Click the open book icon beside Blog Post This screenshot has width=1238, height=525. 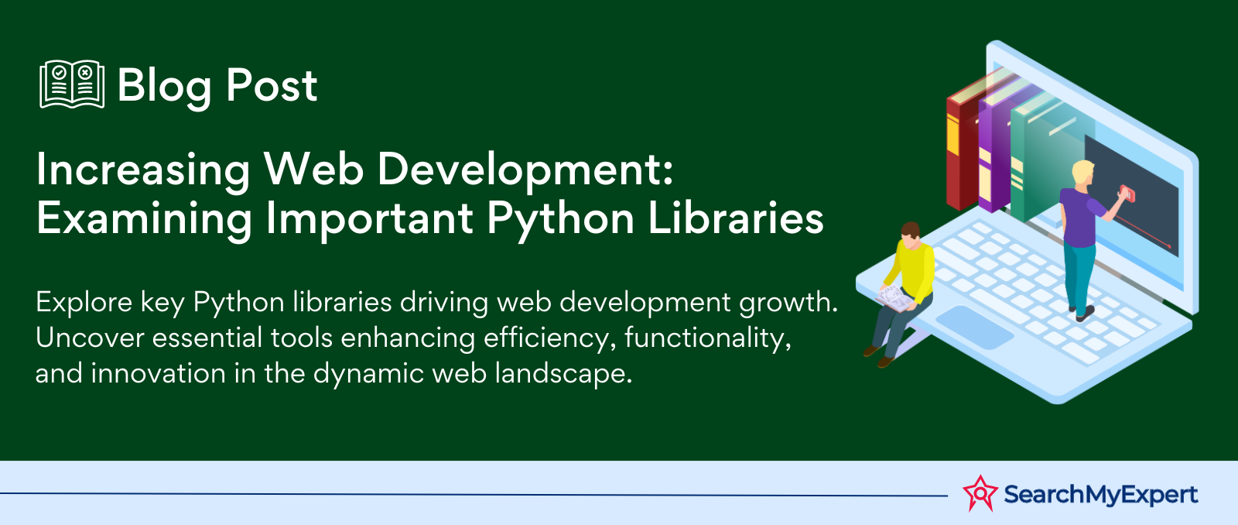pos(72,84)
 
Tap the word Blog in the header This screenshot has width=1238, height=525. pos(164,86)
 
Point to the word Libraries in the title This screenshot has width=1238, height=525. pos(736,217)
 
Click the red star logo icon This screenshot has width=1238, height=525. pos(980,493)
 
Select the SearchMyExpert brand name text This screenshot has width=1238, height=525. pos(1100,494)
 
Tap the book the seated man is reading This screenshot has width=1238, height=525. pos(894,300)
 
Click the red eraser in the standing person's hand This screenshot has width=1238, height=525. pos(1127,194)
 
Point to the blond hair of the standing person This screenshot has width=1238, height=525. pos(1082,170)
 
